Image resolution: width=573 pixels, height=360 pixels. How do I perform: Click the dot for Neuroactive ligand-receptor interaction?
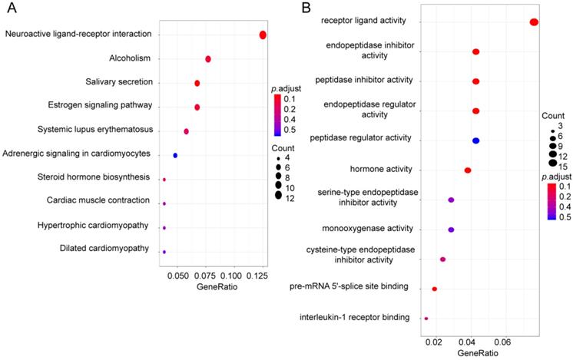[263, 35]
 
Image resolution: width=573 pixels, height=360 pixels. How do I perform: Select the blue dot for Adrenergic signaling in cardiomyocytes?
[176, 155]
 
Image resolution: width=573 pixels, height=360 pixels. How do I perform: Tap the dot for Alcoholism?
[208, 59]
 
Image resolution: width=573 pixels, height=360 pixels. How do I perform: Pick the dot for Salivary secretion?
[197, 83]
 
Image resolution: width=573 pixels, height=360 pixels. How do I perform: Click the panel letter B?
[306, 8]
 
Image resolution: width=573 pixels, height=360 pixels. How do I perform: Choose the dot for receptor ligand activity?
[534, 22]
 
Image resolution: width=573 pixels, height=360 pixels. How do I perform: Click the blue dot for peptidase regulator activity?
[475, 140]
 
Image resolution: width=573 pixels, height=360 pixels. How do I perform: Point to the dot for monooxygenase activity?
[451, 230]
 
